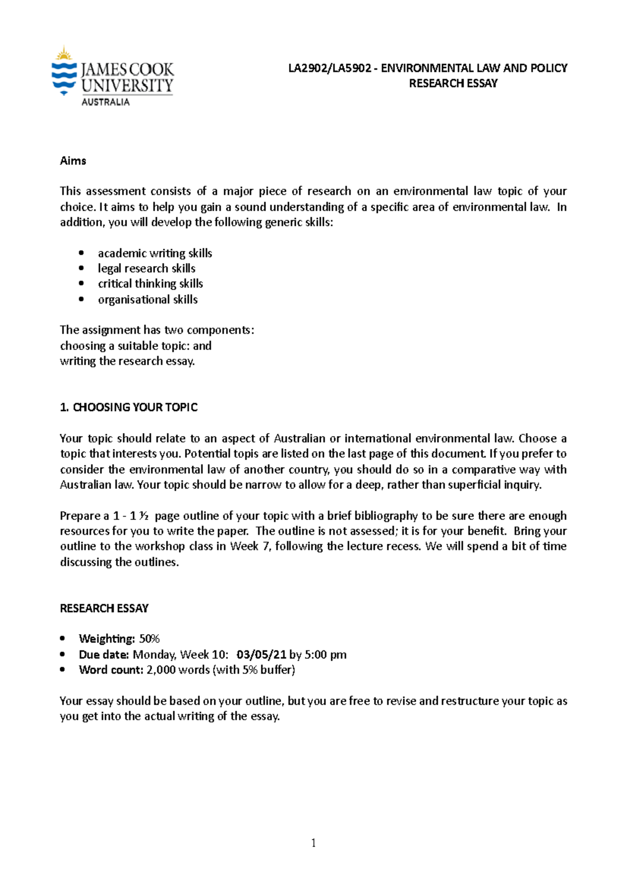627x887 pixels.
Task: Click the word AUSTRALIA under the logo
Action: click(105, 102)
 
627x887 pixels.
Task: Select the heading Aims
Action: click(73, 161)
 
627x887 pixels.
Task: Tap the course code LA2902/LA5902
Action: click(330, 68)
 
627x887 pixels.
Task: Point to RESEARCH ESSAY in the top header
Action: click(453, 84)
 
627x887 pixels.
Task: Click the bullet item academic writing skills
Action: click(155, 253)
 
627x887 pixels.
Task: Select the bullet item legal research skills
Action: click(146, 269)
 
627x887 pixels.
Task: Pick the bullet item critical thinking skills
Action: click(150, 284)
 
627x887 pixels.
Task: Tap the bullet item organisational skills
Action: click(147, 300)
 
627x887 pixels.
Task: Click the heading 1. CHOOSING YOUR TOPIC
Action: click(129, 407)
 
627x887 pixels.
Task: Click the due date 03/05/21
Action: click(261, 655)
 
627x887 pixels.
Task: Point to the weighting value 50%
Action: click(149, 639)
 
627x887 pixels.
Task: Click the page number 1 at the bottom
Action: click(313, 843)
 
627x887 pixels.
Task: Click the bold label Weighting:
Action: click(107, 639)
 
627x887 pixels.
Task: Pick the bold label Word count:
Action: click(111, 670)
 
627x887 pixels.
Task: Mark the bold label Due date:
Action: click(104, 655)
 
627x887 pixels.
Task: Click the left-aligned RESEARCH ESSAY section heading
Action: click(104, 609)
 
